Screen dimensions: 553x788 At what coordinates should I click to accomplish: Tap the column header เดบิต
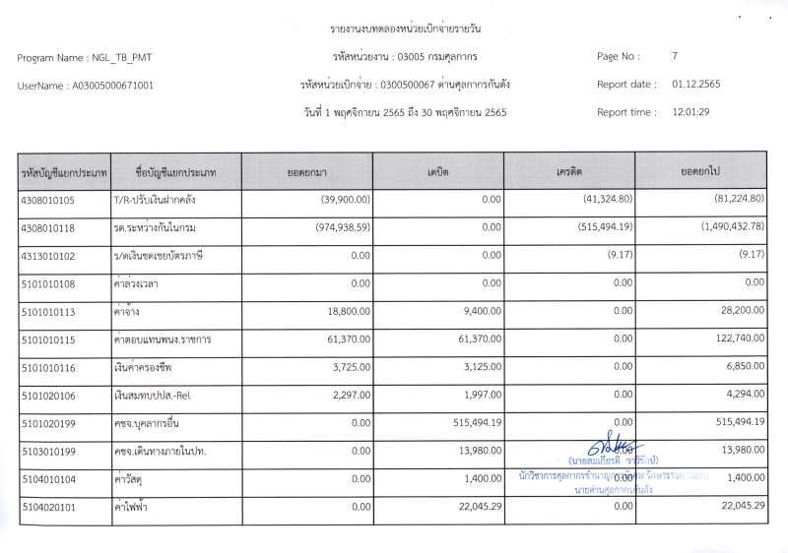438,172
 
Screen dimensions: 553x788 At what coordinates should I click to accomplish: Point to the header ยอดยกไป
700,172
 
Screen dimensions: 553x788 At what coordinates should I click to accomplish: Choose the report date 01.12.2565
695,85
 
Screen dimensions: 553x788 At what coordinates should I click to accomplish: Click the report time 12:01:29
691,112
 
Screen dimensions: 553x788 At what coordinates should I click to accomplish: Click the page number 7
675,57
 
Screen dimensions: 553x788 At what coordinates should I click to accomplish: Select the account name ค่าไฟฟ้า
136,506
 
